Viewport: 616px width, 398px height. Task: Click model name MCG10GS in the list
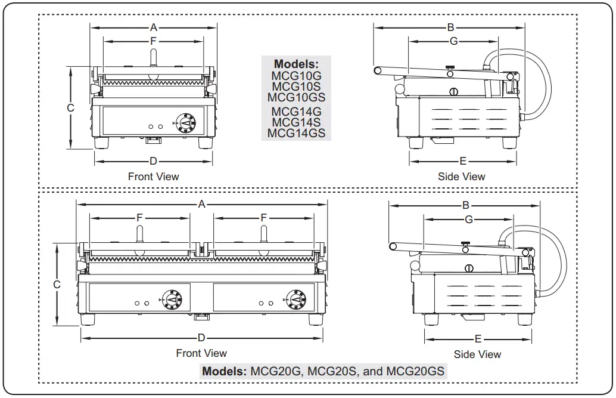[x=296, y=97]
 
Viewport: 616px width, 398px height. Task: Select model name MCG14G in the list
[x=296, y=111]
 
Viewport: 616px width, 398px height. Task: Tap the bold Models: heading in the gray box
[x=296, y=64]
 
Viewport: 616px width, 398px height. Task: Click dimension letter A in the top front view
[x=153, y=27]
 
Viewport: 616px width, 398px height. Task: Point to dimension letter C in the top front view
[x=70, y=108]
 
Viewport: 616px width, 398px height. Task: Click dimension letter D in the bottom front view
[x=201, y=338]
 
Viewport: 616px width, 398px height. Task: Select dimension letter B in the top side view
[x=450, y=27]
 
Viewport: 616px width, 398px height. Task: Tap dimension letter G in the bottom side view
[x=469, y=220]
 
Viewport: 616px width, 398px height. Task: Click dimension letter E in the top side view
[x=463, y=161]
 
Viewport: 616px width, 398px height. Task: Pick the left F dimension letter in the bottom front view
[x=139, y=218]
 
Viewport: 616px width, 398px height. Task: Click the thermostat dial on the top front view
[x=186, y=122]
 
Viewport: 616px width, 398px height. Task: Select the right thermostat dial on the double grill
[x=294, y=299]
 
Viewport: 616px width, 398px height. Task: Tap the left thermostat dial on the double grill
[x=173, y=299]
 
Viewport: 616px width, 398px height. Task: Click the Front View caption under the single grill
[x=153, y=177]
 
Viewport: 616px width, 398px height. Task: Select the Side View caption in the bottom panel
[x=477, y=354]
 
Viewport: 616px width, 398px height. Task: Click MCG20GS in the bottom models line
[x=415, y=371]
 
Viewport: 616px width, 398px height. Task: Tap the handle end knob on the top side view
[x=378, y=70]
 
